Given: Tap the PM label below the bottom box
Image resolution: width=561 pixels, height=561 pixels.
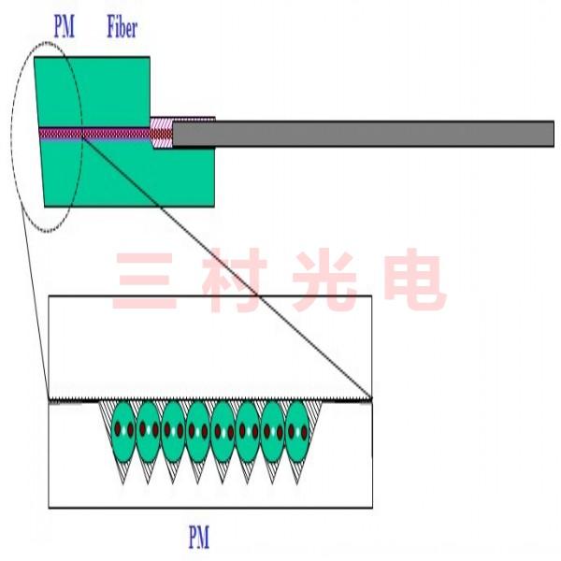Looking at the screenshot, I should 198,538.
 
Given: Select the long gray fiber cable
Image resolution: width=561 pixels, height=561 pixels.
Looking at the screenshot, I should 365,134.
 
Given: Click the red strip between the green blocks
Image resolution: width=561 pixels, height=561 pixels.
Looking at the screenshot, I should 93,134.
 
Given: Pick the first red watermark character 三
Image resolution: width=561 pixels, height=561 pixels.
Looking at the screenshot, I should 140,280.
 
